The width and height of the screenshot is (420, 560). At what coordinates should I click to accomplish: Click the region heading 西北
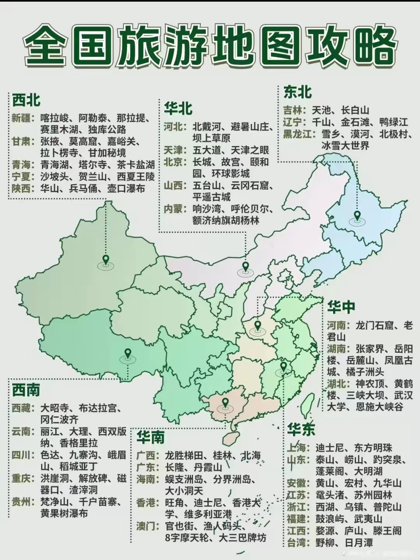pos(26,100)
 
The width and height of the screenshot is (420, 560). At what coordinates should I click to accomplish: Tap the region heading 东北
pos(297,92)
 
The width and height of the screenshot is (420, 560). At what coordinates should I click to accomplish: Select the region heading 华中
pos(341,307)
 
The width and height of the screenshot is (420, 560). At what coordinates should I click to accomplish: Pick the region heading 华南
pos(150,437)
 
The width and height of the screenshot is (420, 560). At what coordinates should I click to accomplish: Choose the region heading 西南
pos(26,390)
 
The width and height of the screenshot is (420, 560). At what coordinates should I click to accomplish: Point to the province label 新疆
pos(21,118)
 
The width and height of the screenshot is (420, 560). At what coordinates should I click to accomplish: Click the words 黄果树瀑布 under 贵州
pos(64,513)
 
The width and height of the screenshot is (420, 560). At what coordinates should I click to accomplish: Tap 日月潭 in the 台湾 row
pos(358,542)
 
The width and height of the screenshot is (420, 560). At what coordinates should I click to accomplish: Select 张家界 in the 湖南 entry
pos(369,348)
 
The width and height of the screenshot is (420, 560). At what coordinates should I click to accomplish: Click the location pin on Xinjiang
pos(105,259)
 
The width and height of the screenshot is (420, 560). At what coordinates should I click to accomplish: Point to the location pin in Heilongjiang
pos(357,215)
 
